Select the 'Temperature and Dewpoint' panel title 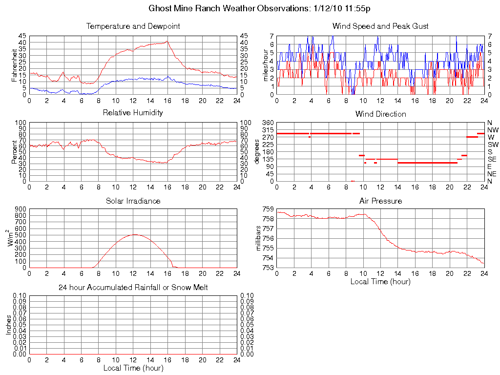coord(133,26)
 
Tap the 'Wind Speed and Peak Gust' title coord(380,26)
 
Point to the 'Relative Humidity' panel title coord(133,113)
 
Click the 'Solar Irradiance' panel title coord(133,201)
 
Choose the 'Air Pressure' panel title coord(380,201)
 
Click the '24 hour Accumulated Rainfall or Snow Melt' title coord(133,288)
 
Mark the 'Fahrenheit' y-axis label coord(15,65)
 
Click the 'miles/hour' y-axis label coord(267,65)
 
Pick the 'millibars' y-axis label coord(259,238)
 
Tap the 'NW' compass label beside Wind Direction coord(492,130)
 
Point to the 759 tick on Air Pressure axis coord(268,209)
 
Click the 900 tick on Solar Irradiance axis coord(20,209)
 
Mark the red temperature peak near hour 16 coord(167,42)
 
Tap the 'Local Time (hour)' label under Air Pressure coord(380,281)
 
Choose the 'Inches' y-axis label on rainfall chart coord(9,325)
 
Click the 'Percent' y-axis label coord(15,151)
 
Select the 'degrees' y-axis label coord(258,151)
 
